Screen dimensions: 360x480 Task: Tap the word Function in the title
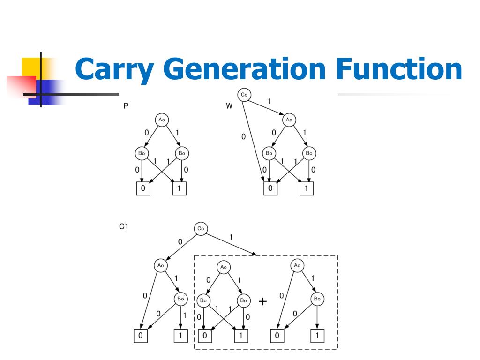[x=399, y=69]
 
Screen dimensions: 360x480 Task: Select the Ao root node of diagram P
[x=162, y=120]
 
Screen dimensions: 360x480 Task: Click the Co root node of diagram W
[x=244, y=95]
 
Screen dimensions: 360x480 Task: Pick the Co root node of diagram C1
[x=201, y=229]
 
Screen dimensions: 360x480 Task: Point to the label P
[x=126, y=106]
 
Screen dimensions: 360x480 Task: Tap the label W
[x=229, y=106]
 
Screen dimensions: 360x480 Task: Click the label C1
[x=124, y=227]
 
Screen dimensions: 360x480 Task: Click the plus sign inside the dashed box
[x=262, y=301]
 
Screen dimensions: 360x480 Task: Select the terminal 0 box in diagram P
[x=143, y=188]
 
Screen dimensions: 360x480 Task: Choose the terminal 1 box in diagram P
[x=179, y=188]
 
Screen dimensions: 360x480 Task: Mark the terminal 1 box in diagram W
[x=307, y=188]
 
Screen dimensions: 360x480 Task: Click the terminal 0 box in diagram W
[x=270, y=188]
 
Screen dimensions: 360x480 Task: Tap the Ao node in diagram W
[x=289, y=120]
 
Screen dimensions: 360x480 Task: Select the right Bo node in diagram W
[x=309, y=153]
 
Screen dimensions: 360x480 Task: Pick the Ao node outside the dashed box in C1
[x=161, y=265]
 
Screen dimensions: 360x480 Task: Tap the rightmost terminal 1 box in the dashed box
[x=317, y=336]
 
